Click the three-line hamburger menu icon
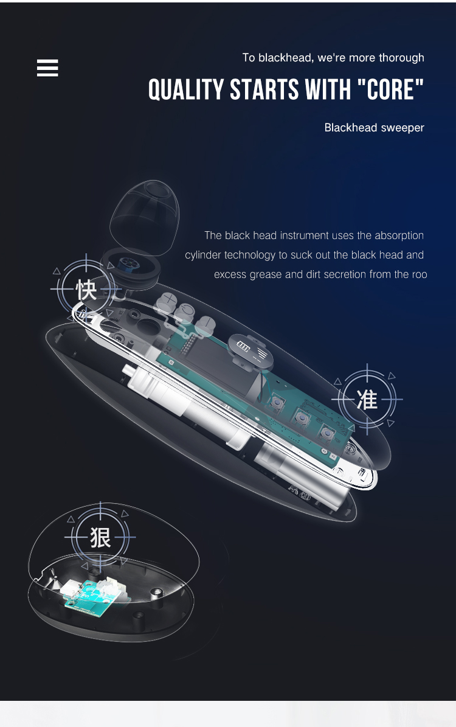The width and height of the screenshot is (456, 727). [47, 68]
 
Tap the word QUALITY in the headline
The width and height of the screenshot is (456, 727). [186, 90]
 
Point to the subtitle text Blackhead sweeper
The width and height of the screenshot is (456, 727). [374, 128]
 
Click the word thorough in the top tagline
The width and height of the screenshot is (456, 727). [401, 58]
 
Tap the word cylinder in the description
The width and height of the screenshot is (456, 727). [203, 255]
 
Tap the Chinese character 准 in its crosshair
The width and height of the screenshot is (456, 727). [367, 399]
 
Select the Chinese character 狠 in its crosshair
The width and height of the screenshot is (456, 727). [100, 537]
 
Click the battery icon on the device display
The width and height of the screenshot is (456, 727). [243, 347]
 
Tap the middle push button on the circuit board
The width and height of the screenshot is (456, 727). [300, 417]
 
